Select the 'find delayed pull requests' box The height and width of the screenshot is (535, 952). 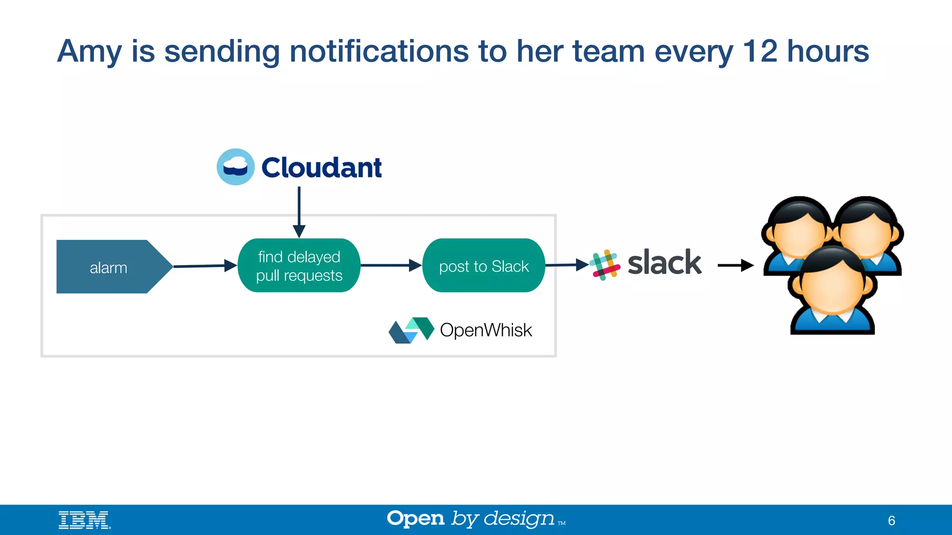click(299, 266)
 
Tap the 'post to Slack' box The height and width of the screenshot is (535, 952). click(483, 266)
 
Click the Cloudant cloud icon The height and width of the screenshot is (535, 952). click(236, 167)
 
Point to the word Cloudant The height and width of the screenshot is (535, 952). click(321, 168)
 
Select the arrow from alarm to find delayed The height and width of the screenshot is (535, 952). click(205, 266)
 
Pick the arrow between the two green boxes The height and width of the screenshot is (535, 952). click(390, 265)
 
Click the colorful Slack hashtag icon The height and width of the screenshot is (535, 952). click(605, 265)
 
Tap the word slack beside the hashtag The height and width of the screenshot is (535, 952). click(664, 263)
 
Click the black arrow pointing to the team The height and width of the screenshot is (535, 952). click(735, 265)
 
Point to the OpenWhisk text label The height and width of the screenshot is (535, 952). click(486, 330)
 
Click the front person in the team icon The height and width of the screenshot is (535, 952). click(832, 290)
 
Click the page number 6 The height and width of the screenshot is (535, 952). click(891, 521)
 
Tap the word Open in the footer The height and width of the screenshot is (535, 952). click(416, 519)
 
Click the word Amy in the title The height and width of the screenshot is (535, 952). click(89, 52)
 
